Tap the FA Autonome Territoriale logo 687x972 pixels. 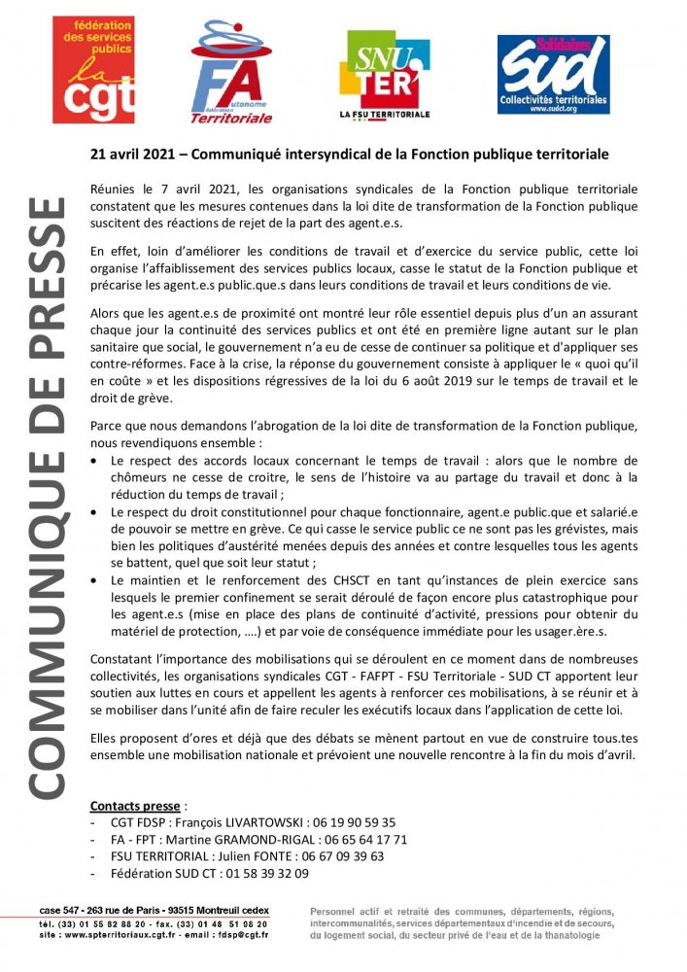click(x=230, y=73)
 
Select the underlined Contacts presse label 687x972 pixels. click(x=134, y=806)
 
